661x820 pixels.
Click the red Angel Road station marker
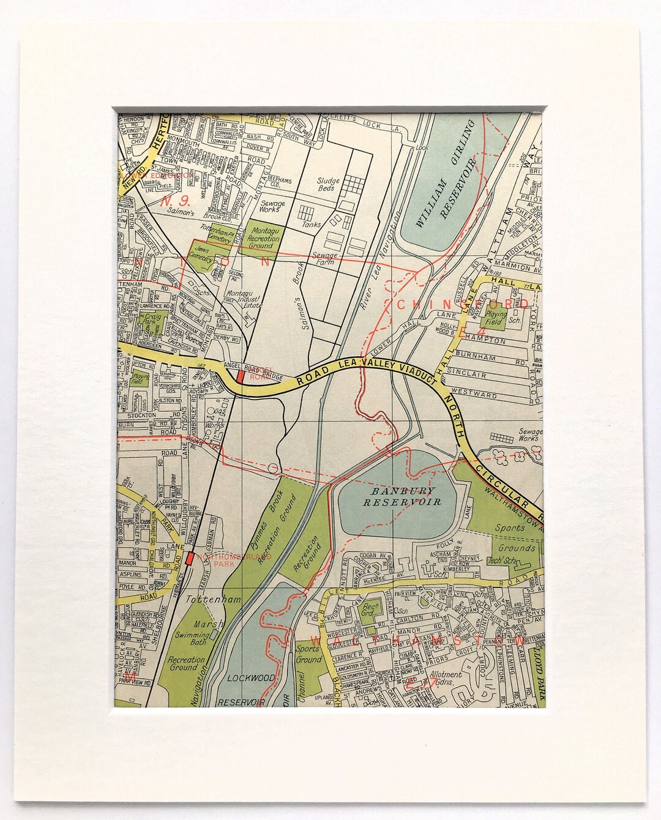pos(241,377)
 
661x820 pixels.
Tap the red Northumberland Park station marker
pos(189,558)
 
